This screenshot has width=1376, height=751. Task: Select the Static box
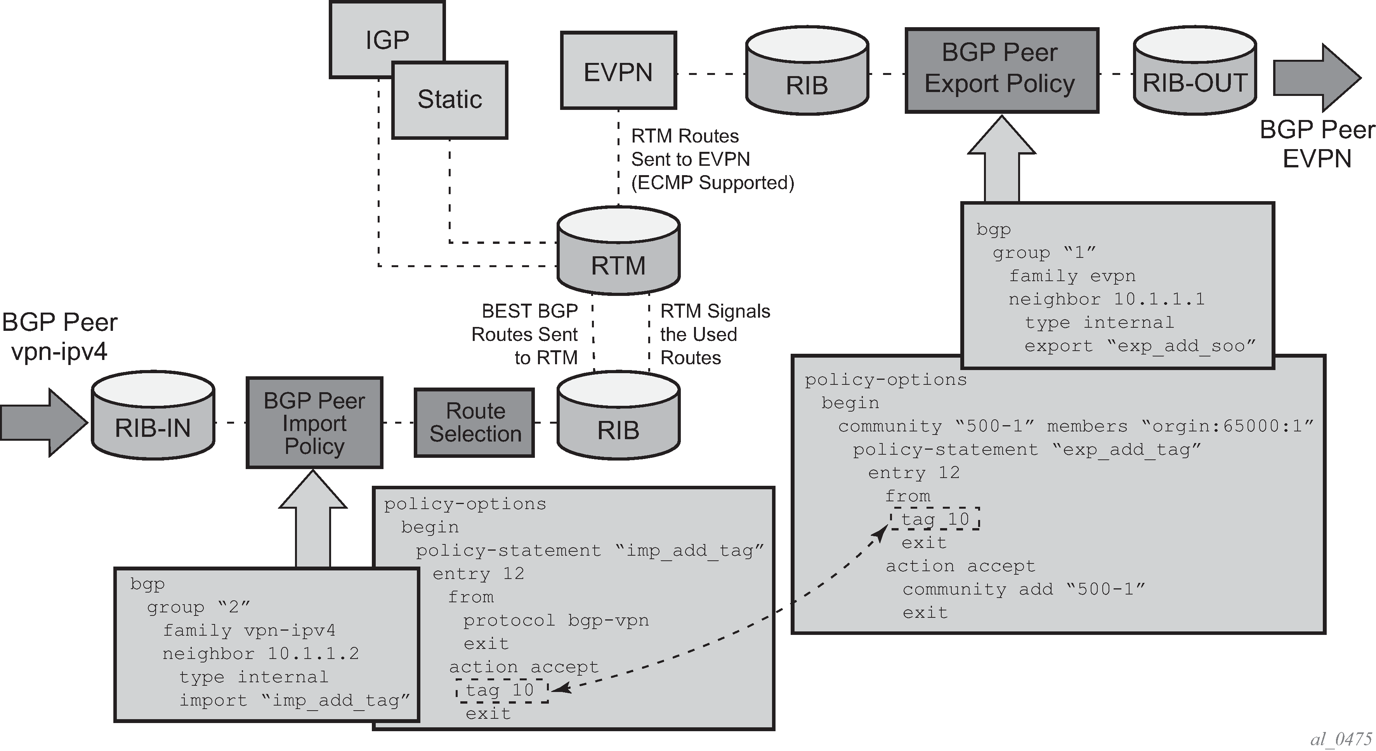click(450, 100)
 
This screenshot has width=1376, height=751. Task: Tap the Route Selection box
click(474, 422)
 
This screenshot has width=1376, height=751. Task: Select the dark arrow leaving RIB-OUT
click(1317, 78)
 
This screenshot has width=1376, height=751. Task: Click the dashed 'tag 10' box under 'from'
click(935, 518)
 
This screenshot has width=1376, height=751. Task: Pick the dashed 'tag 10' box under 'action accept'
click(502, 690)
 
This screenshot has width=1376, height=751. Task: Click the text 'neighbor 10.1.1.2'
click(261, 653)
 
